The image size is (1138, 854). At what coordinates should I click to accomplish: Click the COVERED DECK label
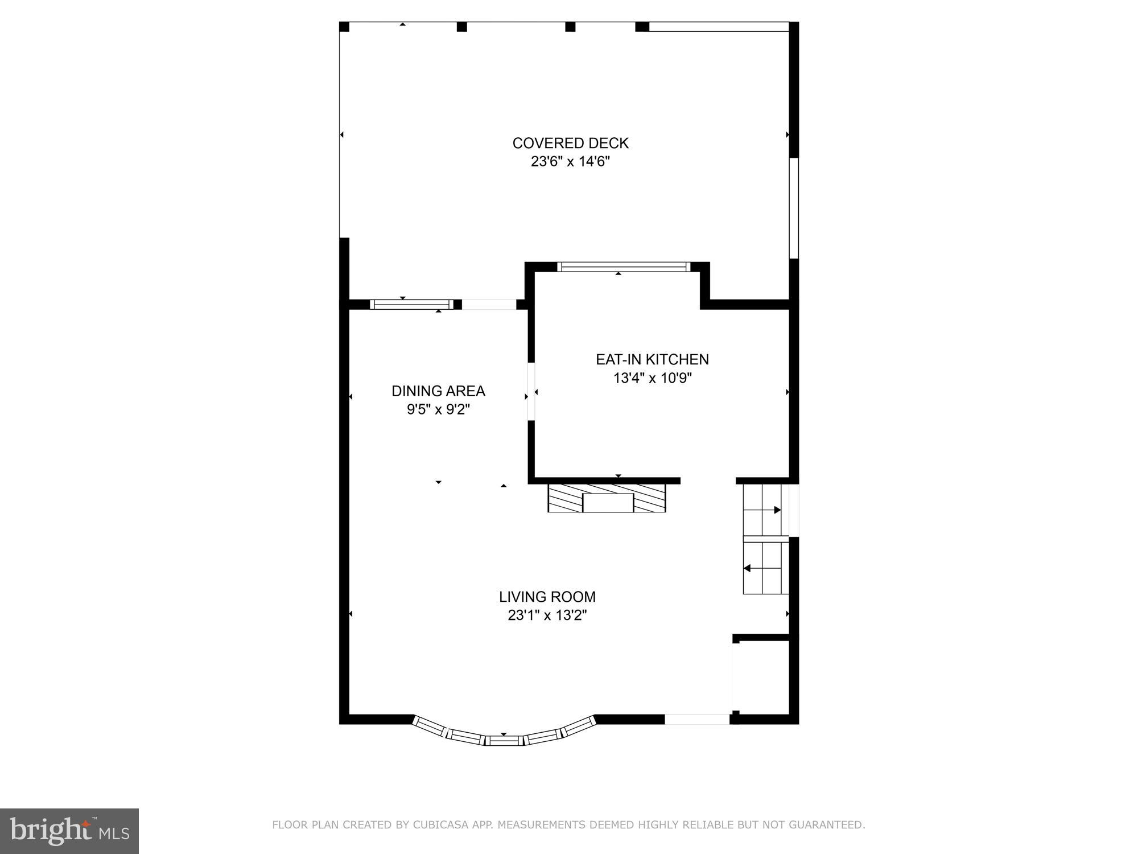click(x=570, y=143)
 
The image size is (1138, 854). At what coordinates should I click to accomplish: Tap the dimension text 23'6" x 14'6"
click(x=570, y=162)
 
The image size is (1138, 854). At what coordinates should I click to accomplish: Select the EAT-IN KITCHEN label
click(x=652, y=359)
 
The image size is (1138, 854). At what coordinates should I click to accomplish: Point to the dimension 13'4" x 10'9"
click(x=652, y=378)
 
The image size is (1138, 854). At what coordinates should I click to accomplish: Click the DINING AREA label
click(x=438, y=391)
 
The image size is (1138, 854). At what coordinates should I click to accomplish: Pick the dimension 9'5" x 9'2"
click(x=438, y=409)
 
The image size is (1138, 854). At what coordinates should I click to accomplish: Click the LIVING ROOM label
click(x=547, y=597)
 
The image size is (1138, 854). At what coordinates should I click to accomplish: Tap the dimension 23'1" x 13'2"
click(x=547, y=615)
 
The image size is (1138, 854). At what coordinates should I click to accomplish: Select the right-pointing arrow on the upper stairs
click(x=777, y=510)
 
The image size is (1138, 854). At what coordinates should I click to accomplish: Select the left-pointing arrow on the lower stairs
click(x=747, y=568)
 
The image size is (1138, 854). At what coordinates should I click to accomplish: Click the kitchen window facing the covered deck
click(x=624, y=266)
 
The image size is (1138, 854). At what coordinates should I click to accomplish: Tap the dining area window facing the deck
click(x=411, y=305)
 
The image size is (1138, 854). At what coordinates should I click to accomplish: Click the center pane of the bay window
click(x=504, y=740)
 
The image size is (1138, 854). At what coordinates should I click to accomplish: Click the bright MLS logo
click(x=69, y=831)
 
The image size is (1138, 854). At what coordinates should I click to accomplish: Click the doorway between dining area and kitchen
click(x=531, y=392)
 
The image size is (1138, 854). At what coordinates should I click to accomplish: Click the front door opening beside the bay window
click(x=697, y=720)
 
